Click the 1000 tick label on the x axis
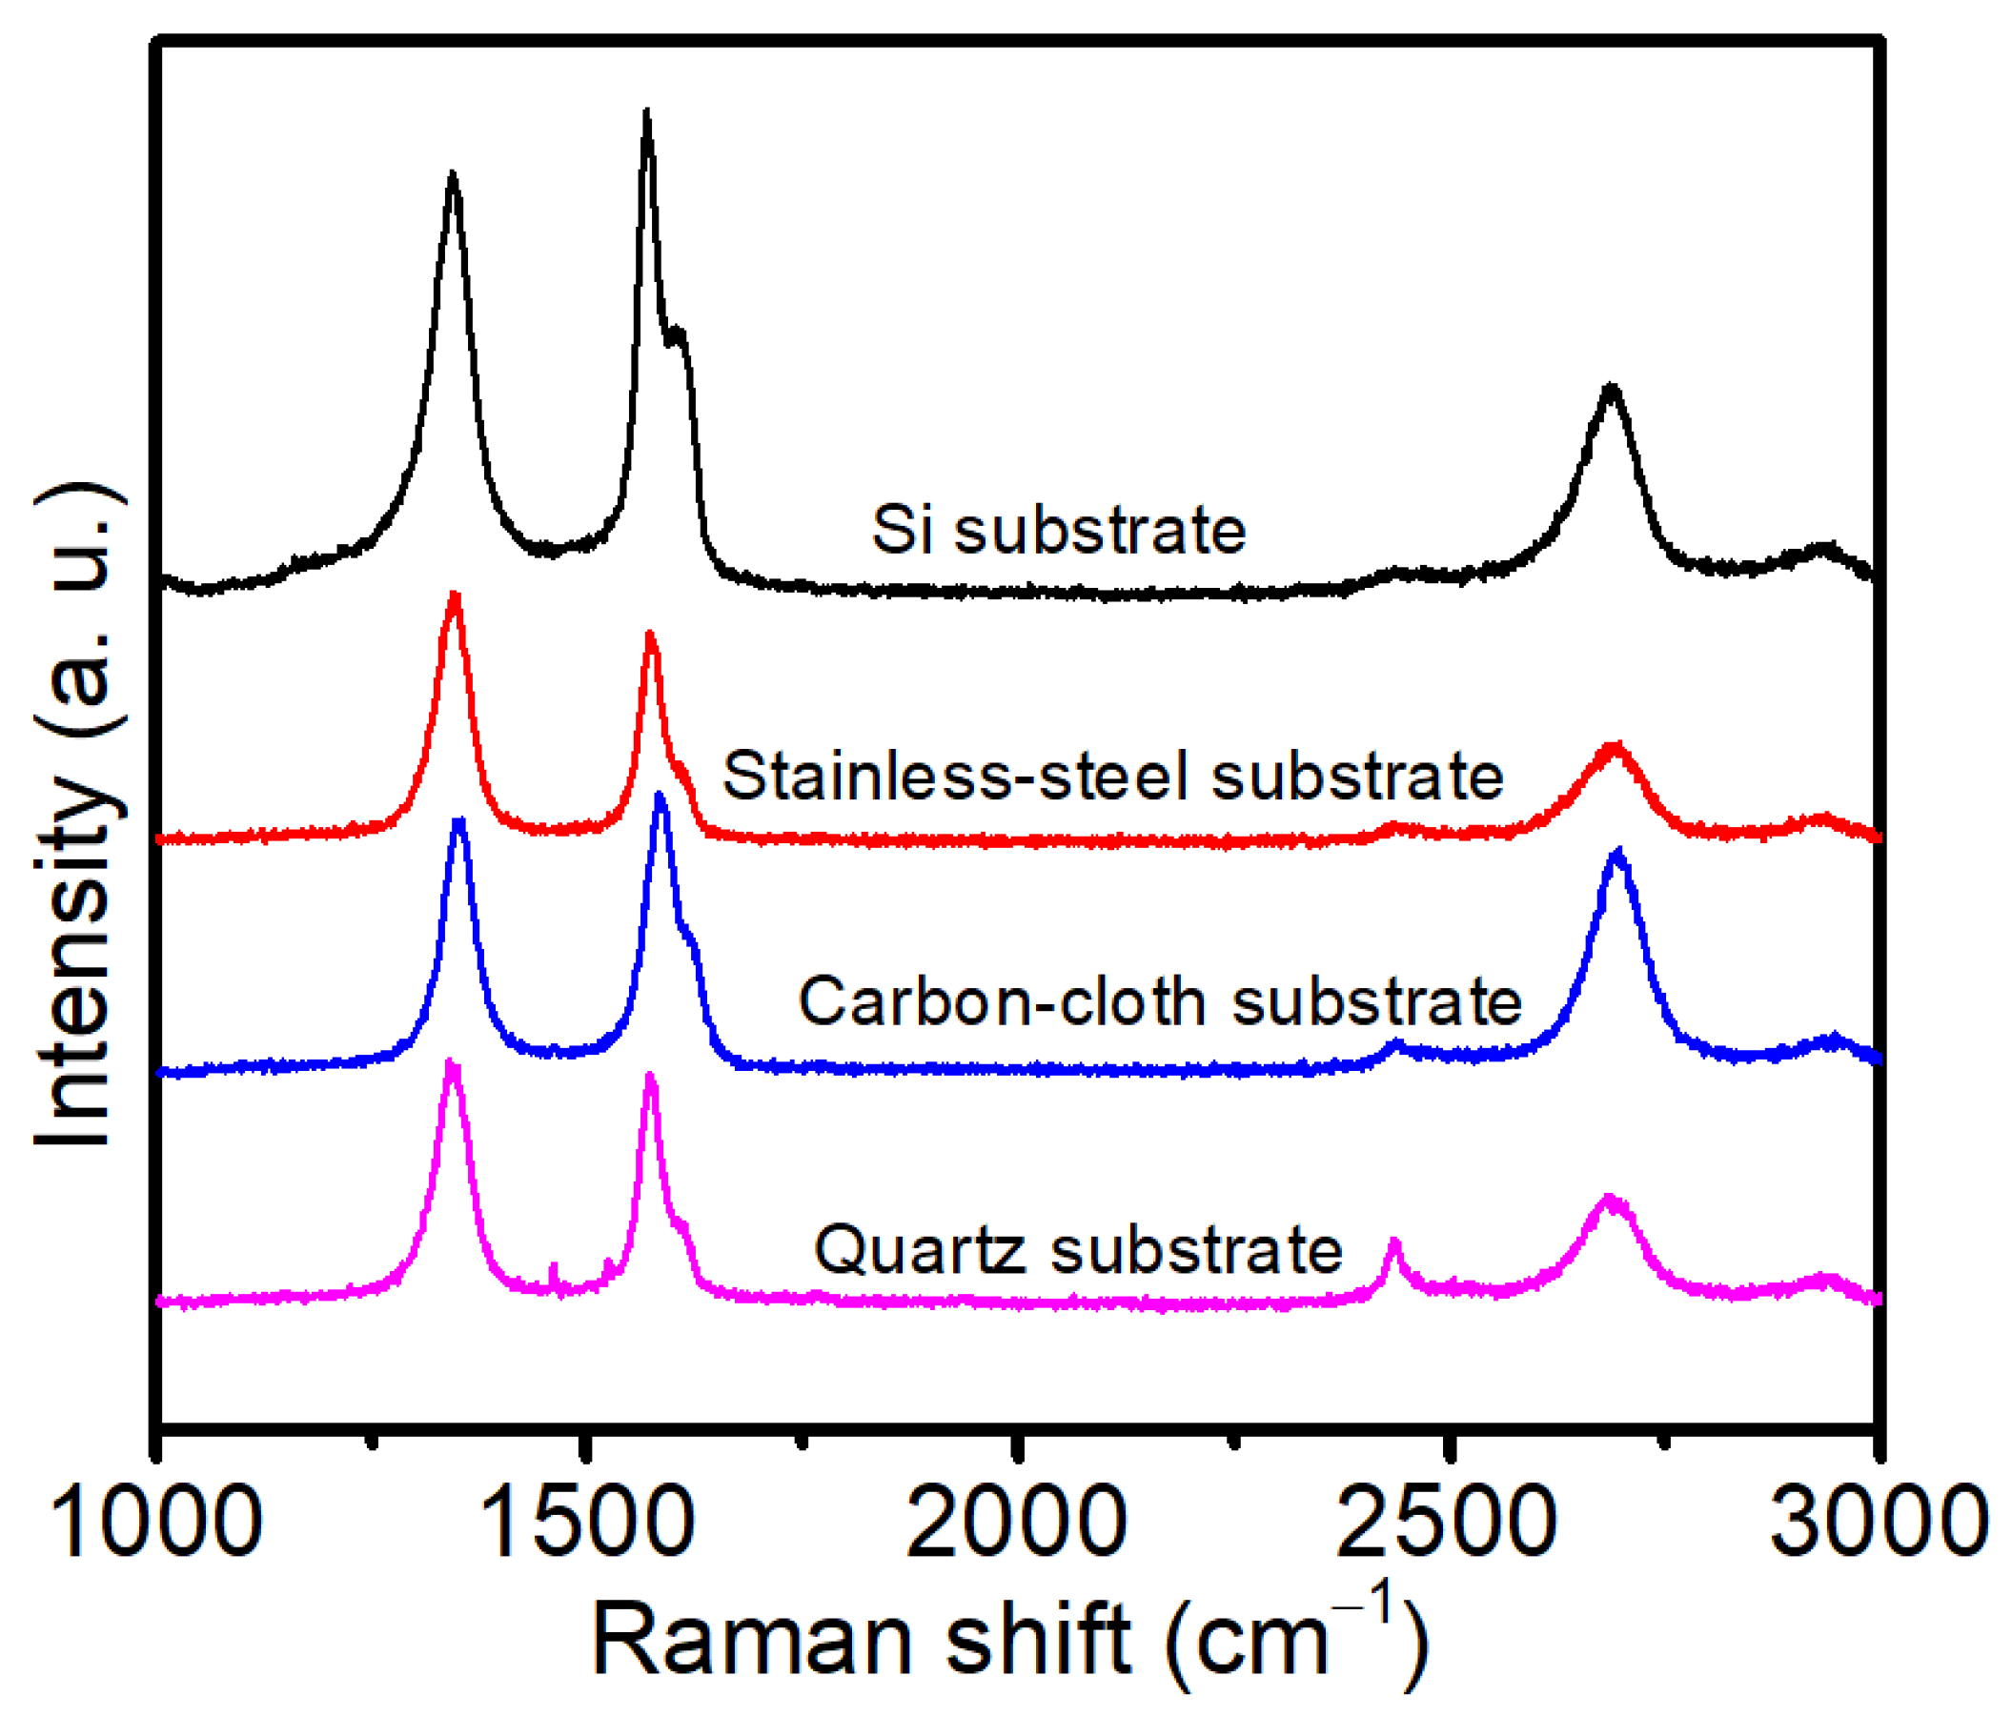(158, 1521)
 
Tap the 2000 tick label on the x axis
(1017, 1521)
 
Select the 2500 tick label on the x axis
(1447, 1521)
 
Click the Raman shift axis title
(1010, 1641)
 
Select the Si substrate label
(1059, 530)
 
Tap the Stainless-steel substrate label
(1113, 777)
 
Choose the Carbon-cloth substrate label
(1159, 1001)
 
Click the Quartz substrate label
(1078, 1250)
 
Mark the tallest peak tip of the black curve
(647, 114)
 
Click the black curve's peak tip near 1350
(452, 174)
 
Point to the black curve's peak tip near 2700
(1611, 387)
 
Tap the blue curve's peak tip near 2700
(1617, 852)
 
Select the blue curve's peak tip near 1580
(661, 796)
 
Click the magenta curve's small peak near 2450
(1395, 1242)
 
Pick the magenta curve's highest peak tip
(451, 1062)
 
